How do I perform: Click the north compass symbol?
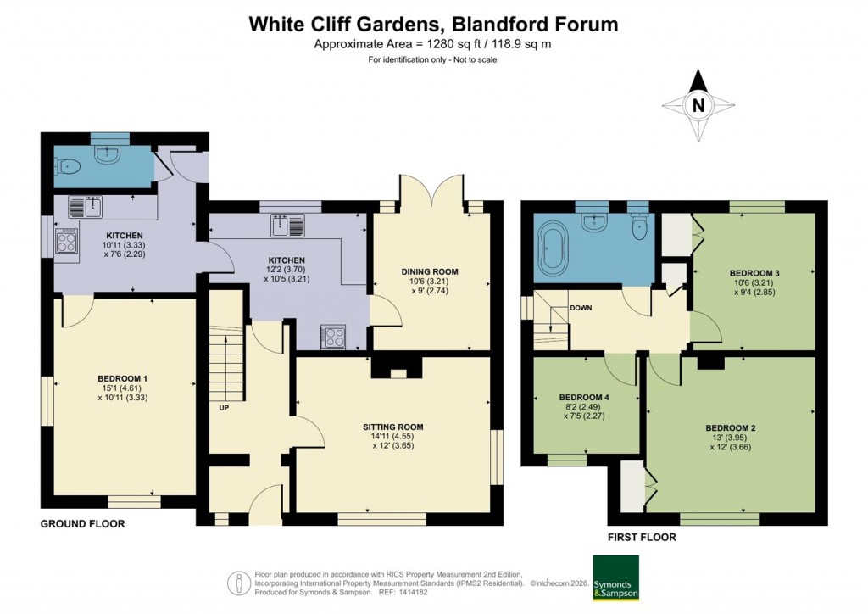coord(698,106)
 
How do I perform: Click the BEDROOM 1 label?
coord(123,378)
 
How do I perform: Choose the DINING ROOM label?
coord(431,271)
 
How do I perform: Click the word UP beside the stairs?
coord(224,407)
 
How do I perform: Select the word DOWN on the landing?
coord(581,308)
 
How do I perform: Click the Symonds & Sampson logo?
coord(615,578)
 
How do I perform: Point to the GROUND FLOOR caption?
coord(83,524)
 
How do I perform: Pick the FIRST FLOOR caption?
coord(641,537)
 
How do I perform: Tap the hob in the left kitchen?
coord(67,242)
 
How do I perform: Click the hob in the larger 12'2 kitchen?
coord(333,337)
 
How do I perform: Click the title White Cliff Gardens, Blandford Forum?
coord(433,24)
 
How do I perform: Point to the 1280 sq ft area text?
coord(433,44)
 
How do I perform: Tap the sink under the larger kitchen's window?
coord(283,226)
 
